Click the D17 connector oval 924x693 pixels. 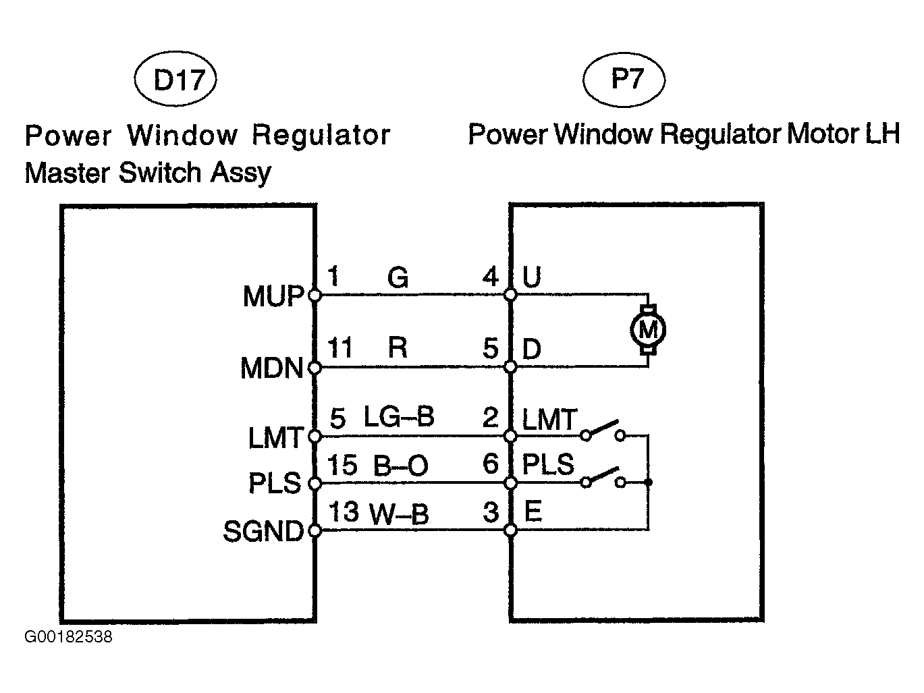point(175,81)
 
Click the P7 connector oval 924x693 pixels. point(624,80)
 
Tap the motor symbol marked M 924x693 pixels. point(647,330)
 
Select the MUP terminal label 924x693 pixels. point(273,296)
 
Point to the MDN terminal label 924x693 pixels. point(271,368)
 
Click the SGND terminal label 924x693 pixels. point(263,532)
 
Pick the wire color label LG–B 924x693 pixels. point(399,417)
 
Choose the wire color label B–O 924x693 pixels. point(400,466)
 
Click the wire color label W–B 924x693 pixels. point(399,514)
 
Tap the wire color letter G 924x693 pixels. point(398,277)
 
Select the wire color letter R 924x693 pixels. point(398,348)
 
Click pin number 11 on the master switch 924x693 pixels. point(341,348)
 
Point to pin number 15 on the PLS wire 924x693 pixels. point(342,465)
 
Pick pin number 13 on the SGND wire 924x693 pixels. point(344,512)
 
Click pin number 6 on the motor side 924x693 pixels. point(491,464)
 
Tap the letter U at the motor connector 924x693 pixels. point(532,277)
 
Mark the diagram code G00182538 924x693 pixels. point(69,637)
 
